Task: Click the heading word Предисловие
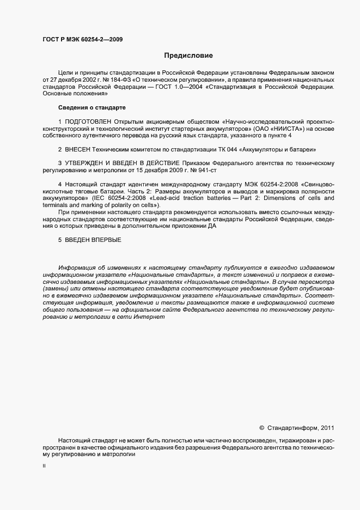(x=188, y=55)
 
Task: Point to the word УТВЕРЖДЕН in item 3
(x=88, y=163)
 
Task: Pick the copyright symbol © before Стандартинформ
(x=261, y=428)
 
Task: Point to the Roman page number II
(x=44, y=467)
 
